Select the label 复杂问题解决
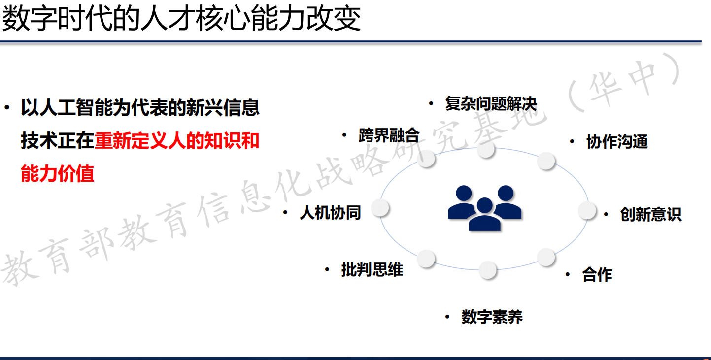(491, 104)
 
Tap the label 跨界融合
(389, 135)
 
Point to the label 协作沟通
(617, 141)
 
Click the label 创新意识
(651, 214)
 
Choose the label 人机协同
(330, 213)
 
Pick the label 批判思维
(372, 269)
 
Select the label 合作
(597, 274)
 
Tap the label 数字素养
(492, 317)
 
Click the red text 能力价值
(58, 173)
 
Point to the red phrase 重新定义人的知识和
(177, 141)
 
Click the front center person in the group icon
(485, 214)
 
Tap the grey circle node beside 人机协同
(380, 208)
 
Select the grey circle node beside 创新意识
(587, 210)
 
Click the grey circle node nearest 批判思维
(426, 259)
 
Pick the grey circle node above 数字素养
(487, 270)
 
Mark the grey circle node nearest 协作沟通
(546, 161)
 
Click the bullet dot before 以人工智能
(7, 108)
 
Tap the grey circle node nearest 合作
(546, 257)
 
